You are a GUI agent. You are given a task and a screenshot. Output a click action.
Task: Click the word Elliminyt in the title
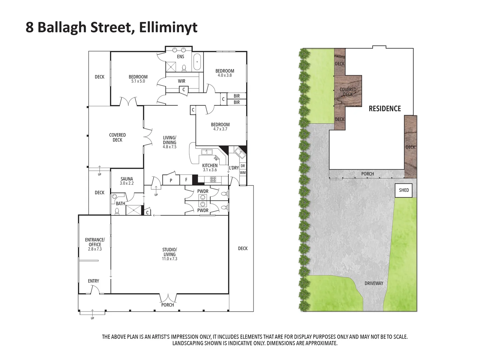coord(168,28)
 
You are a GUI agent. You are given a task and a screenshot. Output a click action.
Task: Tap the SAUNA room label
coord(127,179)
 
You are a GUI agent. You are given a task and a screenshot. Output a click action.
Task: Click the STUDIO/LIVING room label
coord(169,252)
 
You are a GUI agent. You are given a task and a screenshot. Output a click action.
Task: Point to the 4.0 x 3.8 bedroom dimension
coord(225,75)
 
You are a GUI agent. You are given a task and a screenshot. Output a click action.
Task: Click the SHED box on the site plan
coord(403,190)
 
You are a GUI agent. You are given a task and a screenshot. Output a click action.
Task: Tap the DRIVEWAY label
coord(374,283)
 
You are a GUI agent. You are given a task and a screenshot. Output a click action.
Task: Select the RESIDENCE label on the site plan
coord(385,109)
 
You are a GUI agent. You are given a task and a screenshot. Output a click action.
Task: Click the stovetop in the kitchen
coord(213,179)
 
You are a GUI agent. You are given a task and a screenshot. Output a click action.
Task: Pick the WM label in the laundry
coord(243,172)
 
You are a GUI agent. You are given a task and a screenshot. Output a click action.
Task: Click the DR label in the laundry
coord(243,166)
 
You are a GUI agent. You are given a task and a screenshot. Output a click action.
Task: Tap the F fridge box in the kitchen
coord(186,180)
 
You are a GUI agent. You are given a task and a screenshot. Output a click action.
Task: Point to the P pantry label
coord(171,180)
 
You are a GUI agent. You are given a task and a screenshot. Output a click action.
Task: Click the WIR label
coord(182,81)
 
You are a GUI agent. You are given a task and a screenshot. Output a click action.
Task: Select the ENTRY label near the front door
coord(93,281)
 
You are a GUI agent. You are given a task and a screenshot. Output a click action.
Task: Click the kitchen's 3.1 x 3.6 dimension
coord(210,170)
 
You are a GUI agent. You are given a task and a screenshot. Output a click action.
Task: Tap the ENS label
coord(180,57)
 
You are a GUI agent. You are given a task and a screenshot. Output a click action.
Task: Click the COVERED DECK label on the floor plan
coord(117,137)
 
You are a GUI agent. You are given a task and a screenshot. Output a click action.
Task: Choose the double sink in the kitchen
coord(207,152)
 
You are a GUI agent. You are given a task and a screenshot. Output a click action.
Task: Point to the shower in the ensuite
coord(171,67)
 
